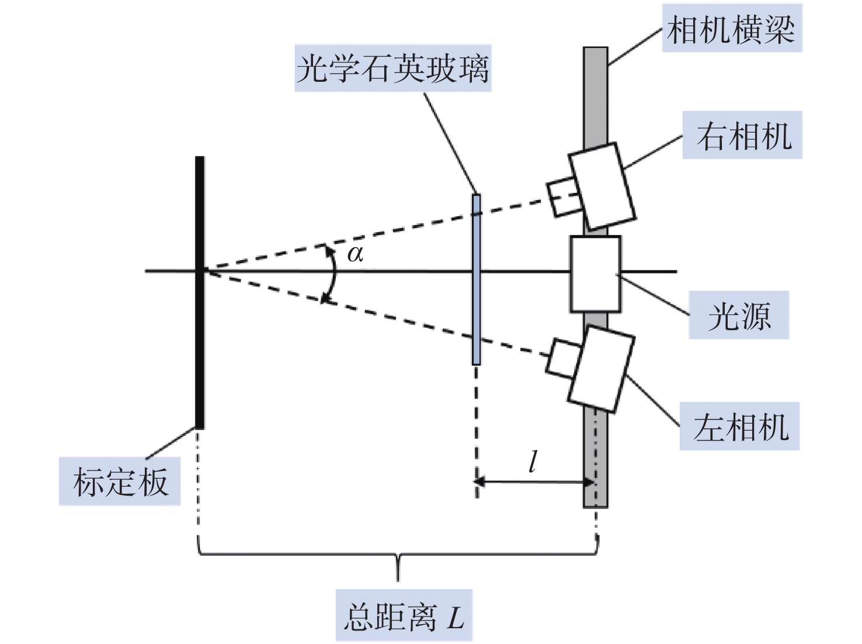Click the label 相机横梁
pos(731,29)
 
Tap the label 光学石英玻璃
pos(392,68)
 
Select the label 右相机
pos(742,136)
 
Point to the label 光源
pos(739,316)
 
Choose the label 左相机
pos(739,427)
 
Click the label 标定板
pos(120,482)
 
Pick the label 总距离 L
pos(404,617)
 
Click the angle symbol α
pos(355,254)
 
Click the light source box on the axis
pos(595,273)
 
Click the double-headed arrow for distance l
pos(534,482)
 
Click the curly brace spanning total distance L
pos(398,555)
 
